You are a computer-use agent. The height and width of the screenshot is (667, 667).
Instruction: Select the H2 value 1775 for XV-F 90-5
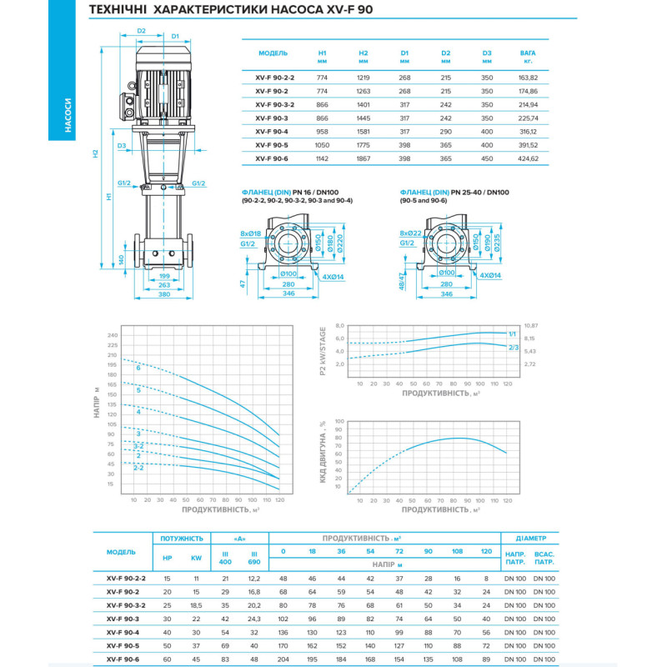click(x=364, y=144)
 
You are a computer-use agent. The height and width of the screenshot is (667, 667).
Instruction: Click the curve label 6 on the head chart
click(x=138, y=368)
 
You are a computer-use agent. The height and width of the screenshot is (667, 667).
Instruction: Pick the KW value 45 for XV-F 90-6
click(x=196, y=659)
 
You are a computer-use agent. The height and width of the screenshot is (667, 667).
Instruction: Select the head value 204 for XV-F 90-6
click(x=283, y=659)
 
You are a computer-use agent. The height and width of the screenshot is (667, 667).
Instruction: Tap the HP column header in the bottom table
click(x=168, y=559)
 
